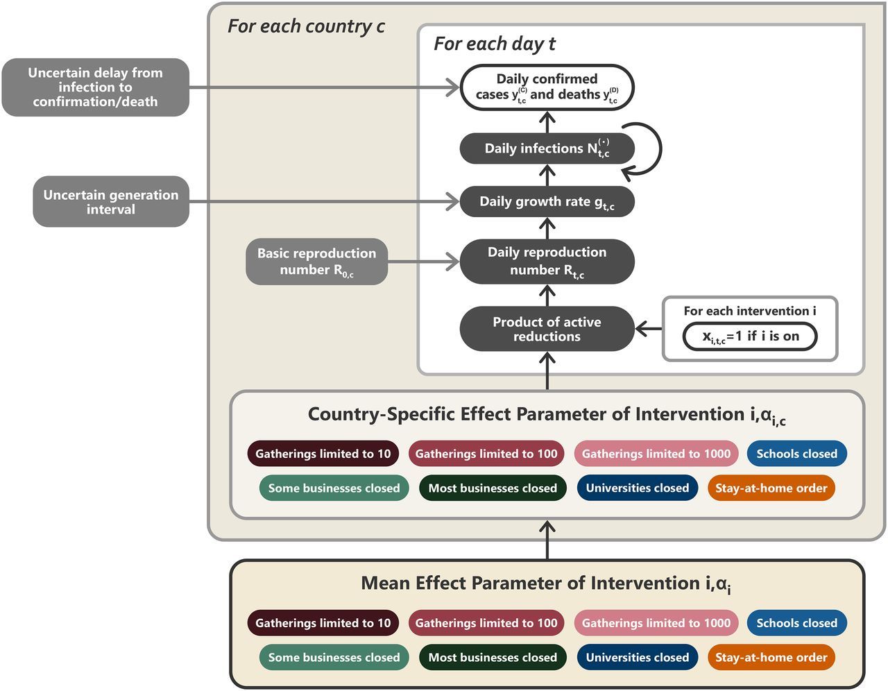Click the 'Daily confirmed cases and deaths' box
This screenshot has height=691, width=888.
coord(547,87)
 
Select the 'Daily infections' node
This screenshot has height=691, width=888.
coord(547,148)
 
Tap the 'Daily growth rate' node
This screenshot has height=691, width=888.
coord(547,202)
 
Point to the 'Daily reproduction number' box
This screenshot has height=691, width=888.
coord(547,262)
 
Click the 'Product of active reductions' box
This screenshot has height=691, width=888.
coord(547,329)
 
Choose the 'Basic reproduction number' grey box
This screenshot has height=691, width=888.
coord(316,262)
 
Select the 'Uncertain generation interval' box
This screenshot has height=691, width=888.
coord(111,202)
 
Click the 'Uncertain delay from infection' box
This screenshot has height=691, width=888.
coord(96,87)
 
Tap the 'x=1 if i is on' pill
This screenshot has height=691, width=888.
coord(750,336)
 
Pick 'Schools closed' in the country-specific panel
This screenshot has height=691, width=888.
coord(796,454)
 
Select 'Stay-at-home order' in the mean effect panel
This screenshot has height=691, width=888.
coord(771,658)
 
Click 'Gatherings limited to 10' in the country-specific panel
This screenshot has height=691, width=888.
coord(323,454)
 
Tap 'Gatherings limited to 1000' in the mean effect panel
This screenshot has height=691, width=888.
coord(656,623)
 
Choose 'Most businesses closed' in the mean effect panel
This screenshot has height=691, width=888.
coord(493,658)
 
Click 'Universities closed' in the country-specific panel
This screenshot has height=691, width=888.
coord(637,488)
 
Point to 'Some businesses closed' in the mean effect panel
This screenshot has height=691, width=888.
coord(334,658)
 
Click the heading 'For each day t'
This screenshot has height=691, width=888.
coord(494,44)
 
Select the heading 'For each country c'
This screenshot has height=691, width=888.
coord(305,26)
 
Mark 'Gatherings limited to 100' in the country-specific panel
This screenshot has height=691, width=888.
coord(486,454)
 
